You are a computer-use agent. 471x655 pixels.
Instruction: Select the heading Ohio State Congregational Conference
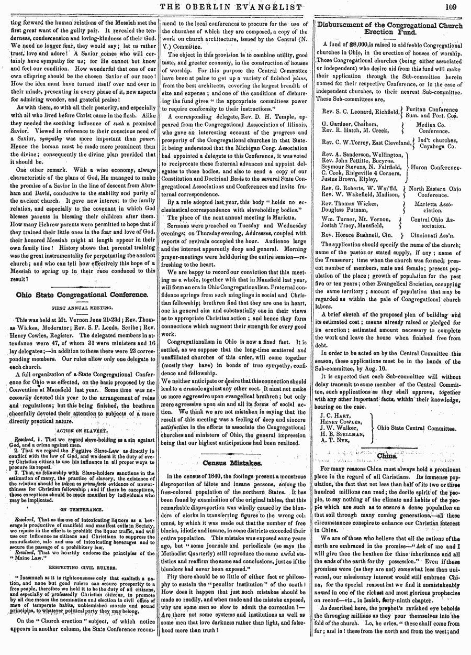tap(83, 294)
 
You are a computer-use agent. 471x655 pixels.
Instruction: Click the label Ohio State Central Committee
tap(417, 428)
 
